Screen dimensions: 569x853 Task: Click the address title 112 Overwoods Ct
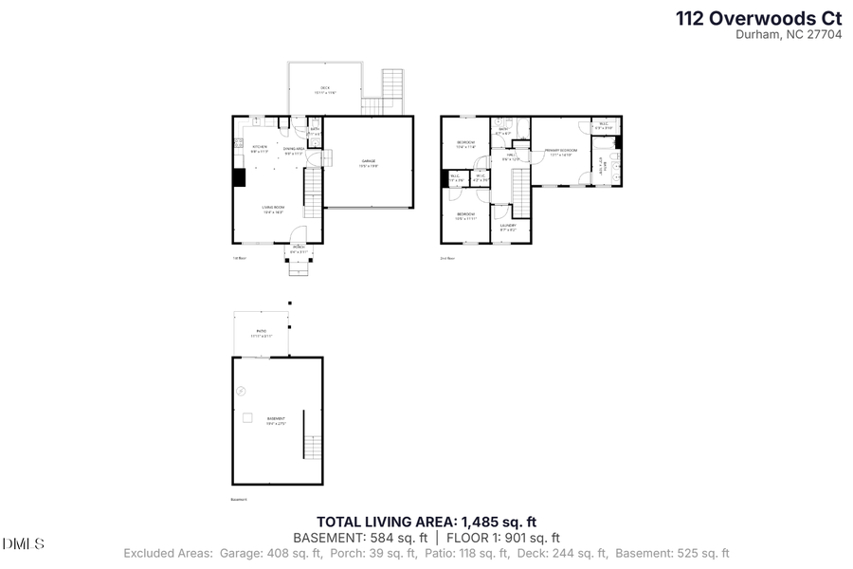point(759,17)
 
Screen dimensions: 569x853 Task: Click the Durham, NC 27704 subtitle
point(789,34)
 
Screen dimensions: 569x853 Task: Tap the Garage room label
point(369,164)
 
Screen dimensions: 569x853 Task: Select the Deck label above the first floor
point(324,90)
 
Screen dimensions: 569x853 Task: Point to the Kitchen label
point(260,149)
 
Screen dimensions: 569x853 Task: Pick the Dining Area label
point(294,150)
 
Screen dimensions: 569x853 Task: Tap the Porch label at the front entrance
point(299,249)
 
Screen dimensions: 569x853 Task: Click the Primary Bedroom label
point(560,153)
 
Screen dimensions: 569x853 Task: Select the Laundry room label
point(508,228)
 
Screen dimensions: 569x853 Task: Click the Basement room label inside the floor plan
point(275,420)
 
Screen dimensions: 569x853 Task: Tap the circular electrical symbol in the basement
point(241,390)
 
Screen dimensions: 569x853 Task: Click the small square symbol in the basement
point(247,417)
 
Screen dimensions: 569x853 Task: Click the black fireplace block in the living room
point(239,177)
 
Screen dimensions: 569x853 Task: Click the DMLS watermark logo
point(24,543)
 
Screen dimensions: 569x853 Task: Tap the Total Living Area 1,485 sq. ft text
point(426,521)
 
